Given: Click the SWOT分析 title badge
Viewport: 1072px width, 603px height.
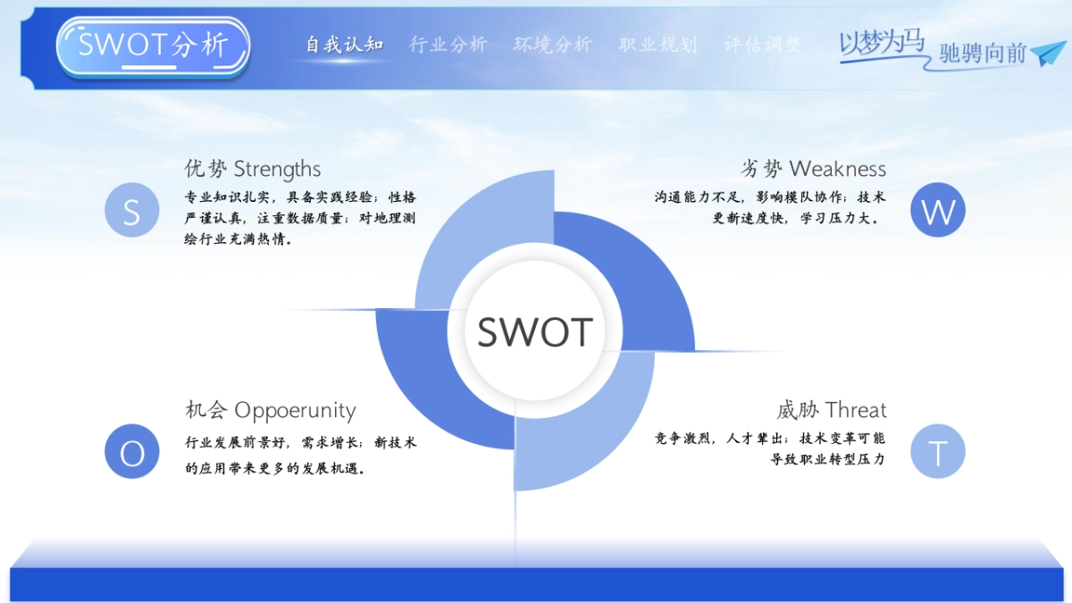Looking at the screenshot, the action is [153, 46].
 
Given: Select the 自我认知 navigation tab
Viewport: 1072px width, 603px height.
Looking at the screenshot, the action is [345, 45].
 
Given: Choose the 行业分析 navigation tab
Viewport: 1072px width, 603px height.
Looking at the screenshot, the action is [448, 45].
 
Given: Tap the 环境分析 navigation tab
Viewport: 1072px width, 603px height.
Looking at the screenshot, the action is [553, 45].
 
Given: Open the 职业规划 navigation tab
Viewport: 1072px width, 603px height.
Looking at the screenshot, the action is [657, 45].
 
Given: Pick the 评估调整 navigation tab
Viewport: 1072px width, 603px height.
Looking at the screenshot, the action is [762, 45].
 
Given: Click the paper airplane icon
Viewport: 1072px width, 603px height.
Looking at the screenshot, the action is [1048, 53].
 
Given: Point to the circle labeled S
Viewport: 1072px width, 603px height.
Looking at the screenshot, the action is [132, 210].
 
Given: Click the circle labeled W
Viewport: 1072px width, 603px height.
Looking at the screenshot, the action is [937, 210].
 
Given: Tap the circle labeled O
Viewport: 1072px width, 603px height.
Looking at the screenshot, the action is [132, 451].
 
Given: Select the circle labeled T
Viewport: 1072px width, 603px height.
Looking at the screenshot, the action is [937, 451].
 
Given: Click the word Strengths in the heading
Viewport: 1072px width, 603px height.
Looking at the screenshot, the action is [277, 170].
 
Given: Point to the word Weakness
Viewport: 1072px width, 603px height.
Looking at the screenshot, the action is [838, 169].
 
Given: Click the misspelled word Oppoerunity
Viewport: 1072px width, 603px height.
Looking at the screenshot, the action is [296, 411].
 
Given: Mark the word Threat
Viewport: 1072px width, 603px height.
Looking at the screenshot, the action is [856, 410].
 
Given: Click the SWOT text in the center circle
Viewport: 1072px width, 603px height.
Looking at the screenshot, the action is [535, 331].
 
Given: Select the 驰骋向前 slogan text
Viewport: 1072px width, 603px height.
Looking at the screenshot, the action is [983, 53].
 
